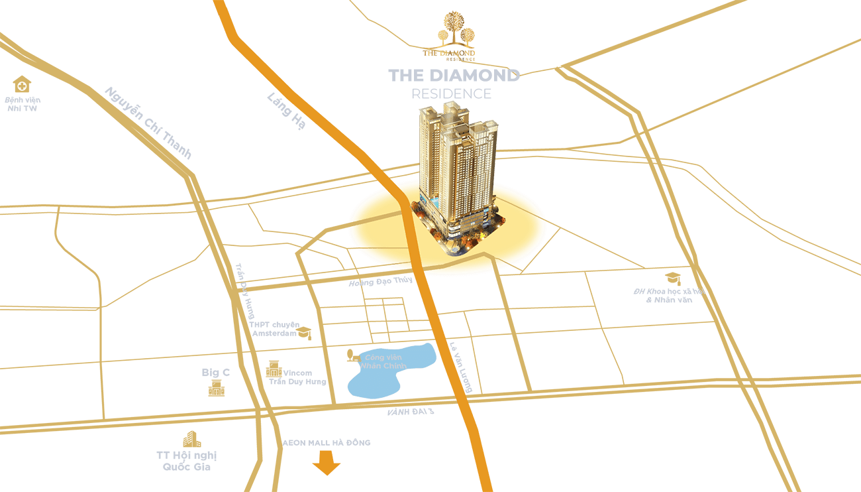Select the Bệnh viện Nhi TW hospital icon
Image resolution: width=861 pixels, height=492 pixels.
click(x=22, y=84)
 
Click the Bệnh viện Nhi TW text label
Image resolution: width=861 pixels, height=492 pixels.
click(x=23, y=104)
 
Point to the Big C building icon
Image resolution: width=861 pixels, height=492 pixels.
click(x=216, y=388)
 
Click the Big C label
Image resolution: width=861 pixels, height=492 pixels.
click(x=216, y=373)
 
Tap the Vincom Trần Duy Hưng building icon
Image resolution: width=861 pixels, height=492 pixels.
click(x=273, y=369)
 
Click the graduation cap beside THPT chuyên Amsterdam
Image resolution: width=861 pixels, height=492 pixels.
click(x=304, y=332)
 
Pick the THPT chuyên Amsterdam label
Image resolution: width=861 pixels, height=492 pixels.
click(x=273, y=329)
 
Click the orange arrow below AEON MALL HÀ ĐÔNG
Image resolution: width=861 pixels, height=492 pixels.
click(x=326, y=463)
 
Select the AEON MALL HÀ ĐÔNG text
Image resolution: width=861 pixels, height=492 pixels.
click(x=327, y=442)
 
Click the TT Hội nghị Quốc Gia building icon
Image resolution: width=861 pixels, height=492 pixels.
click(x=191, y=438)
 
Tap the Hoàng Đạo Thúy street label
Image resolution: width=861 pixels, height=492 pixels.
click(x=381, y=282)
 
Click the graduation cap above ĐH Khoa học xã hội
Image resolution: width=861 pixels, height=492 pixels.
click(x=672, y=278)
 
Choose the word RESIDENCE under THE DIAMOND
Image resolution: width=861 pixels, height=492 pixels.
click(x=451, y=93)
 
